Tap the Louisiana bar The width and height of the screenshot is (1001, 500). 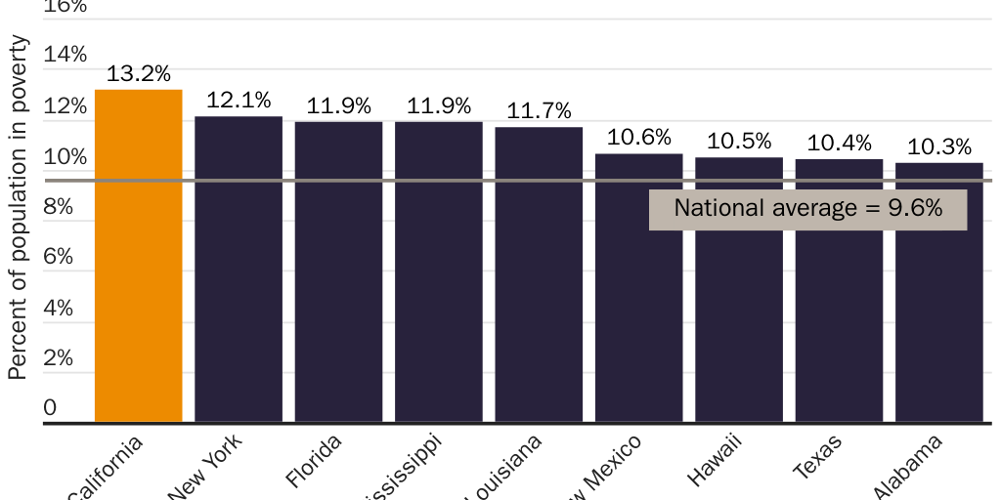coord(539,274)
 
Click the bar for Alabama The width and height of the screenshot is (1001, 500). coord(939,292)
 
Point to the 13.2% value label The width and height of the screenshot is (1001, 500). coord(139,74)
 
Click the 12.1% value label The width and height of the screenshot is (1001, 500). coord(239,101)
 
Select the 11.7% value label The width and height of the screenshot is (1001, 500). coord(539,111)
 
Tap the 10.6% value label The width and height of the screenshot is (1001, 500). coord(639,138)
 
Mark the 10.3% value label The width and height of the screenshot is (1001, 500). coord(939,147)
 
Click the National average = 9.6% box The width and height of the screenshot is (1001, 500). coord(807,209)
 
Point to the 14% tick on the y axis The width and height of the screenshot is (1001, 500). coord(65,55)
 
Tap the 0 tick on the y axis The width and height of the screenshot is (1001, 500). coord(50,408)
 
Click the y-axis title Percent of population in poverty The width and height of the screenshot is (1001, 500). coord(18,208)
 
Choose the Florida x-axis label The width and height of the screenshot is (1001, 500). coord(315,461)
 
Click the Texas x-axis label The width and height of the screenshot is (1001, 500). coord(817,457)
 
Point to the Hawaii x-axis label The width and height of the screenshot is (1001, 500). coord(715,459)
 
